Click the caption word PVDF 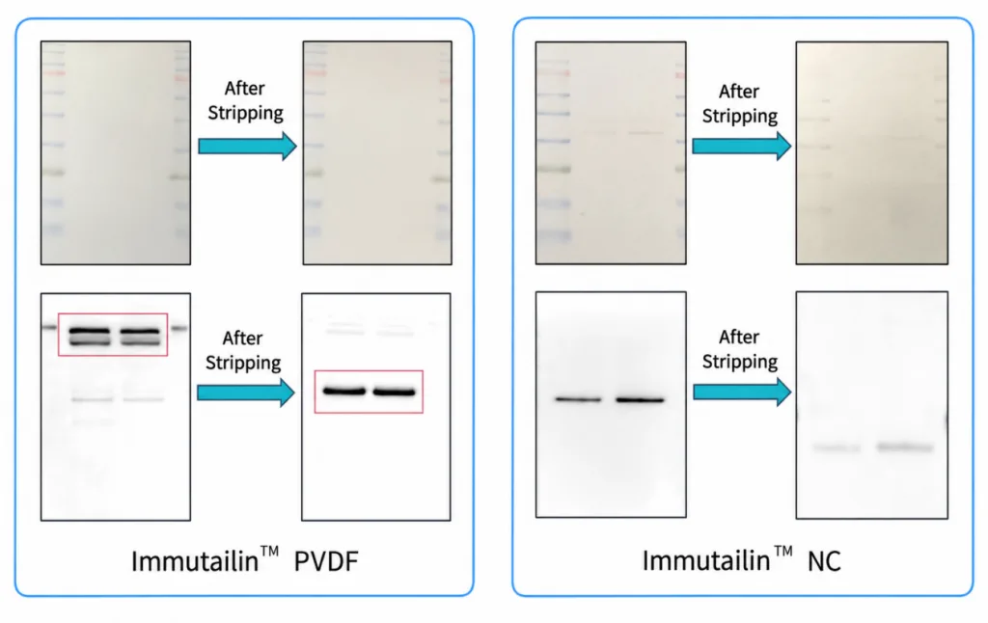coord(326,560)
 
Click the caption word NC coord(824,560)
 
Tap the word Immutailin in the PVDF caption coord(195,560)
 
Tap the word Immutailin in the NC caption coord(705,560)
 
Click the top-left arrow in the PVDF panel coord(248,147)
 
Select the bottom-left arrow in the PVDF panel coord(246,393)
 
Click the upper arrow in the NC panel coord(742,147)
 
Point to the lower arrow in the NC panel coord(742,392)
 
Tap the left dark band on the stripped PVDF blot coord(344,392)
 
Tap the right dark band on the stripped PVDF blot coord(395,392)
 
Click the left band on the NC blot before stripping coord(578,399)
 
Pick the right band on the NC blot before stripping coord(640,399)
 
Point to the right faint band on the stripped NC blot coord(905,447)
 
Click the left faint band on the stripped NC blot coord(837,447)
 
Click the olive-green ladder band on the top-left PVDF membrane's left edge coord(54,172)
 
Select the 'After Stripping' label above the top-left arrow coord(245,100)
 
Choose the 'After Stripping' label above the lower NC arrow coord(740,349)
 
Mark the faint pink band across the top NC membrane coord(624,132)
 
